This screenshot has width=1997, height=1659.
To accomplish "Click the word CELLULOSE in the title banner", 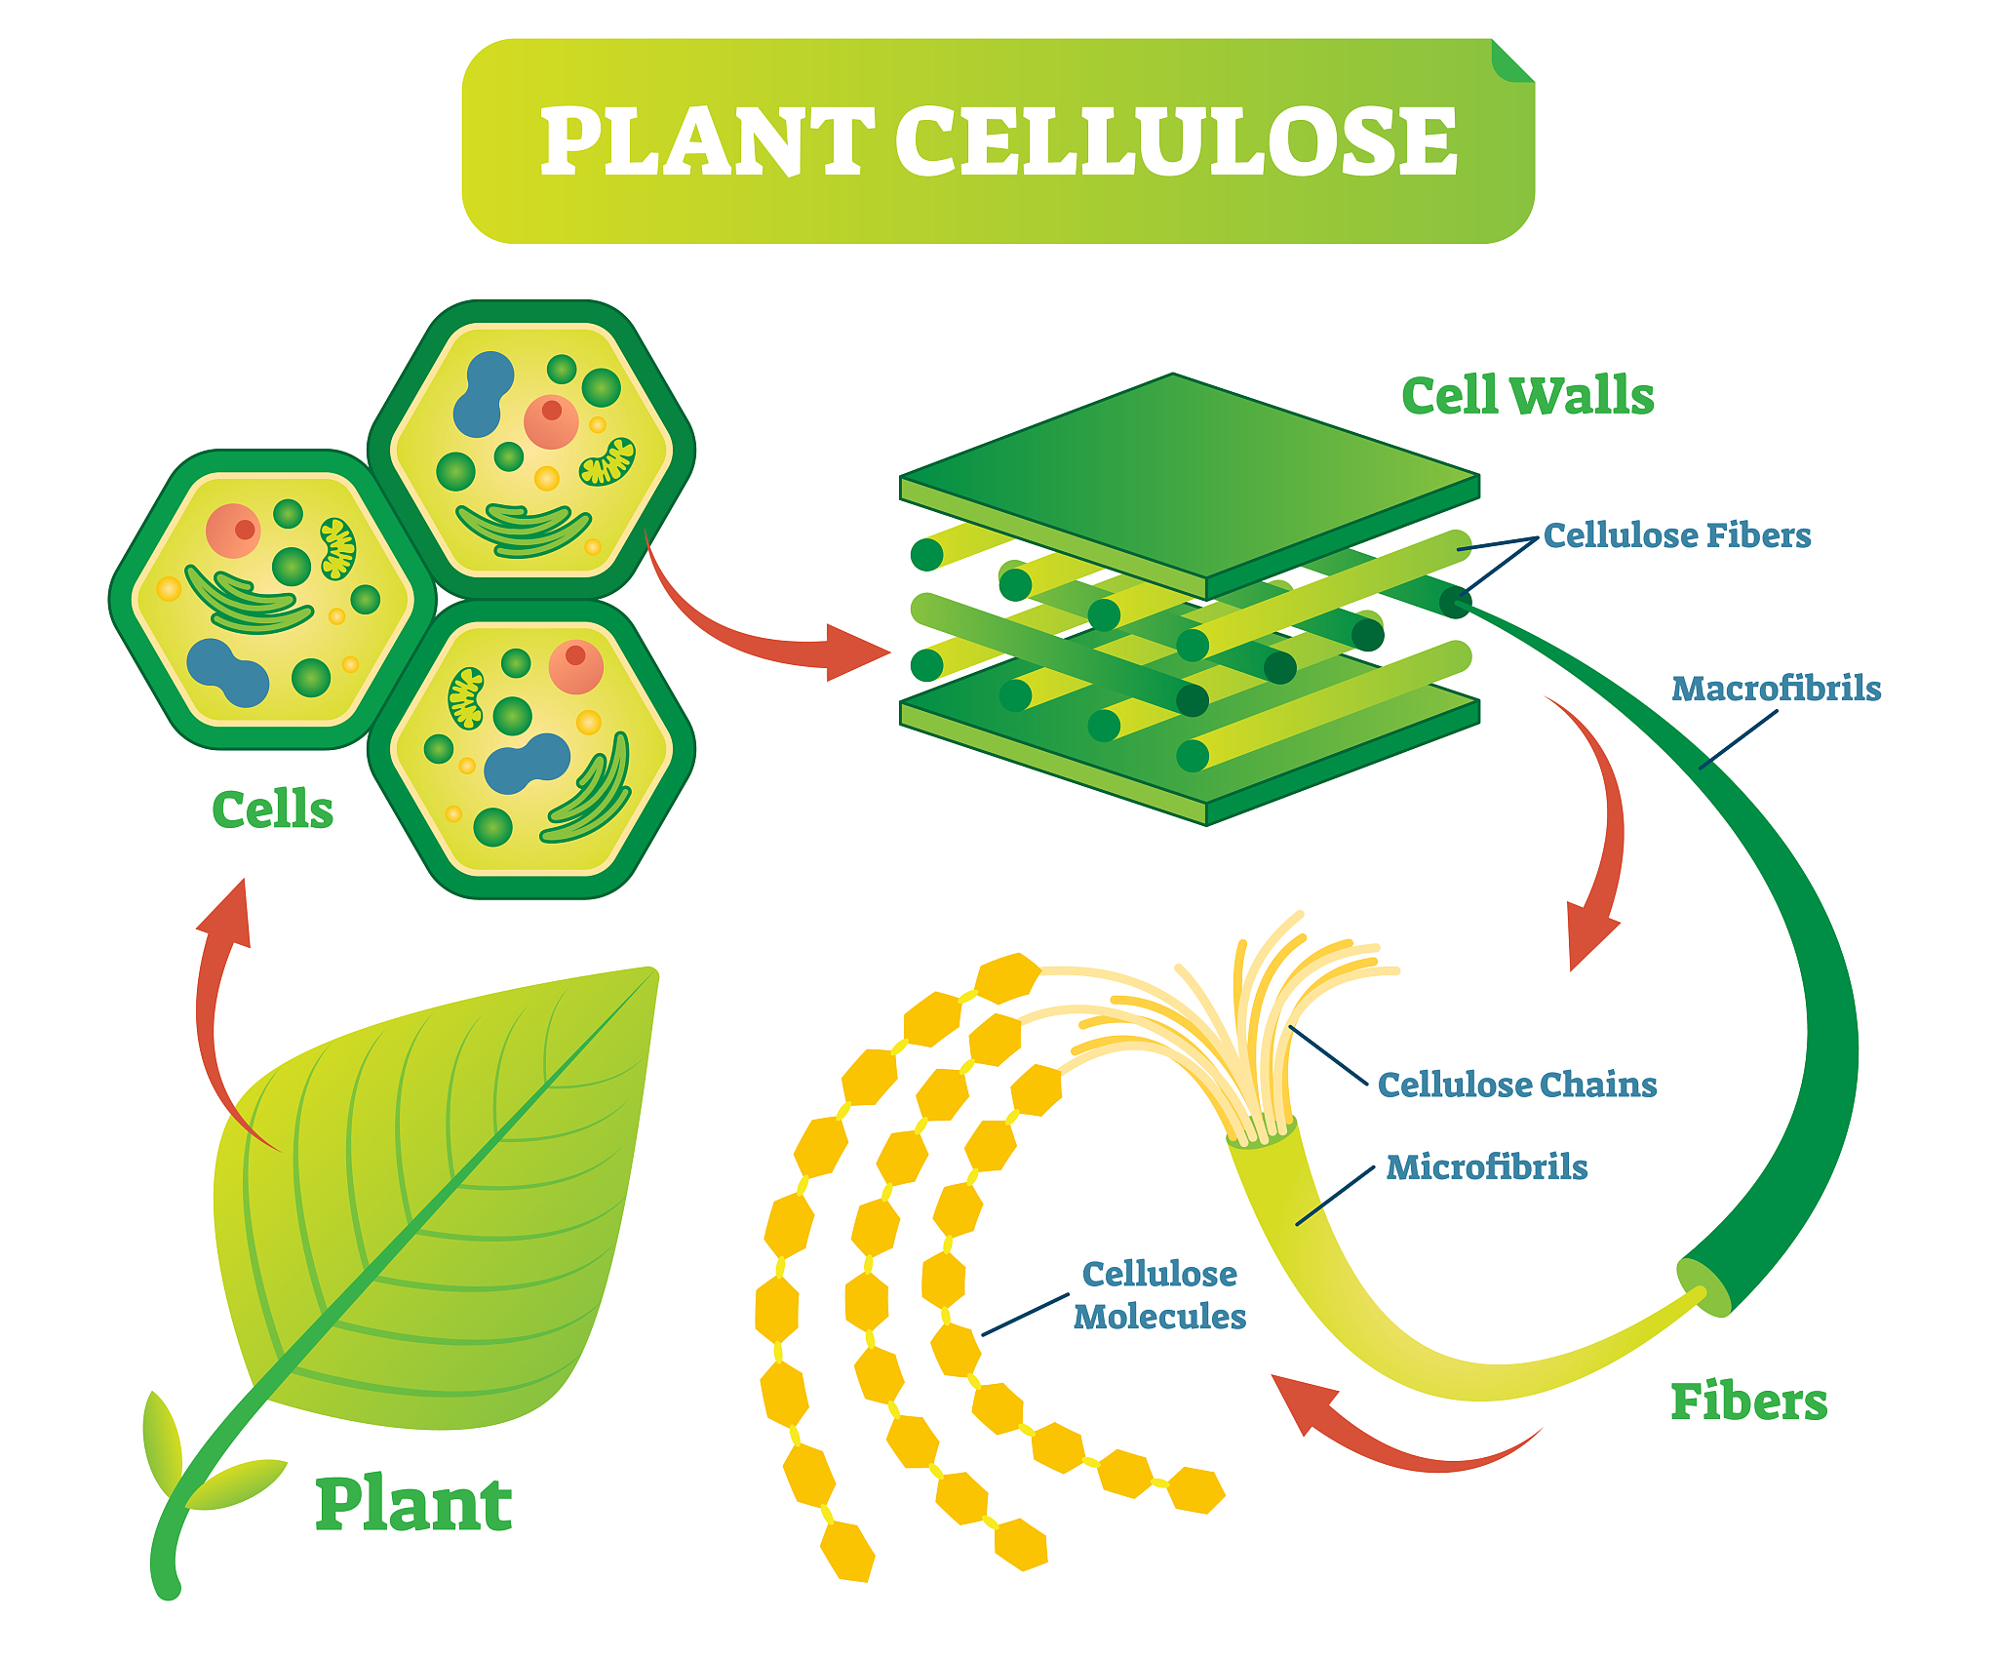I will coord(1176,143).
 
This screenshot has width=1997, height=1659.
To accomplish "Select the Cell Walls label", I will coord(1527,396).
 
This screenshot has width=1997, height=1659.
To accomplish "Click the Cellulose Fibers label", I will coord(1676,535).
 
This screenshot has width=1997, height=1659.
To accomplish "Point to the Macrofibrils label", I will coord(1776,689).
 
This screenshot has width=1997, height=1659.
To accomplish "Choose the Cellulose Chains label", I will coord(1516,1085).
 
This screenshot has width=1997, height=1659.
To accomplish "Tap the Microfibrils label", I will coord(1486,1167).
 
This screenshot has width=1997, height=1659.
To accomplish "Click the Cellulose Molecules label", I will coord(1159,1295).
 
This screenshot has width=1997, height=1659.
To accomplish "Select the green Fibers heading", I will coord(1748,1402).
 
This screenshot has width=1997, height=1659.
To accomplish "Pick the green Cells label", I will coord(272,810).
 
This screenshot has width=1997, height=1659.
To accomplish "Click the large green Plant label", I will coord(413,1505).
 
